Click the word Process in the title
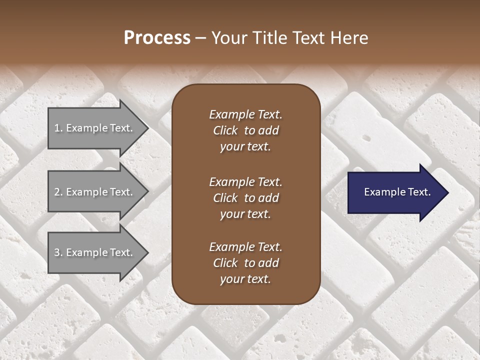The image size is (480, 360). click(157, 38)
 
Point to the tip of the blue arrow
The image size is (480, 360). click(447, 192)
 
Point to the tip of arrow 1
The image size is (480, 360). click(147, 128)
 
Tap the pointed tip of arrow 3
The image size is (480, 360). click(147, 252)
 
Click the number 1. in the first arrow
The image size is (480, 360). click(58, 128)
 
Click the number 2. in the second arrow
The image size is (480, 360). click(58, 192)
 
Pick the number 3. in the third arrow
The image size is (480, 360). click(58, 252)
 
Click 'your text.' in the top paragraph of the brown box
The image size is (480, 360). click(245, 146)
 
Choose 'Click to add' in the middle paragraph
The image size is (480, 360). click(245, 198)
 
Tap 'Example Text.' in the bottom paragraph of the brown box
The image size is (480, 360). click(245, 247)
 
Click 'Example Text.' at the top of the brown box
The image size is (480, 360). click(245, 114)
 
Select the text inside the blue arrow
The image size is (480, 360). click(397, 192)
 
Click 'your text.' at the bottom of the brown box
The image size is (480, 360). click(245, 279)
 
